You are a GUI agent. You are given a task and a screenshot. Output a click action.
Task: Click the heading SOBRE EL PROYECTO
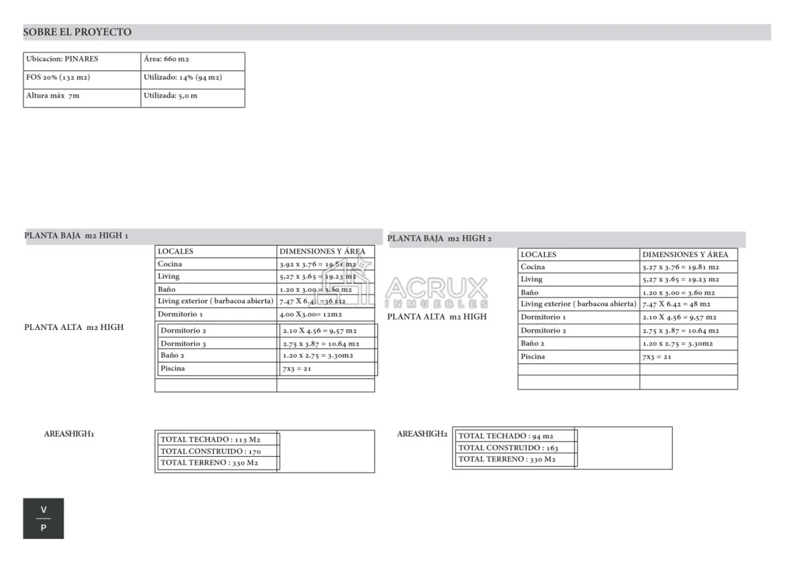tap(77, 32)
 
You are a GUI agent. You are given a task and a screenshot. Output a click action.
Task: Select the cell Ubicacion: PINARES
tap(62, 59)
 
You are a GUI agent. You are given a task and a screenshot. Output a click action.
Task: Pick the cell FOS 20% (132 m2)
tap(58, 78)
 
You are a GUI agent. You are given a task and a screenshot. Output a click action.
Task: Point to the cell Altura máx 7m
tap(52, 96)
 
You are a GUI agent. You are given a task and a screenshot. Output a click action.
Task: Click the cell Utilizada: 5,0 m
tap(170, 96)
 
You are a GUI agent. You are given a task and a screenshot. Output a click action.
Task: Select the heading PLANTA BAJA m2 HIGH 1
tap(76, 236)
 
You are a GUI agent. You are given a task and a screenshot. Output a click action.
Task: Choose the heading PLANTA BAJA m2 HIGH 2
tap(440, 238)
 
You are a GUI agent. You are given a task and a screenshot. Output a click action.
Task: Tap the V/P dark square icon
tap(44, 519)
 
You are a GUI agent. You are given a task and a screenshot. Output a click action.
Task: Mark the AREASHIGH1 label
tap(69, 434)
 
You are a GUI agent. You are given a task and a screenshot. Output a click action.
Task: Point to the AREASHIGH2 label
tap(422, 434)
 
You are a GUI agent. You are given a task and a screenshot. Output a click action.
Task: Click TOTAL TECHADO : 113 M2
tap(211, 440)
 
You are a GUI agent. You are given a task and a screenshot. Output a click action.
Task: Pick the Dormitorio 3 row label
tap(183, 343)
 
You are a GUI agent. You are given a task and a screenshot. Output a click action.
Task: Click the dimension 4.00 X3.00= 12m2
tap(311, 314)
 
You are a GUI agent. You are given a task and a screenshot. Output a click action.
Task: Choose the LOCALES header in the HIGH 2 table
tap(538, 254)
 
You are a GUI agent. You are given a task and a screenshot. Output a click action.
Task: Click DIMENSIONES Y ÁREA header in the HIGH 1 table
tap(322, 252)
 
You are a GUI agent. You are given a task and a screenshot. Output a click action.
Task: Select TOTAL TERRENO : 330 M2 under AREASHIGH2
tap(507, 459)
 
